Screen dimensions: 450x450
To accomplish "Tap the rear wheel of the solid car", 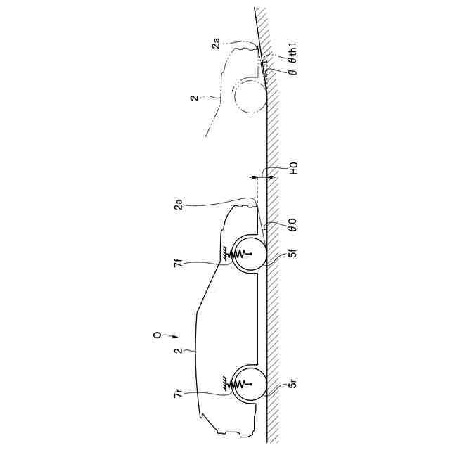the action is click(248, 385).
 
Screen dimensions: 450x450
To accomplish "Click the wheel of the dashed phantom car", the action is click(250, 95).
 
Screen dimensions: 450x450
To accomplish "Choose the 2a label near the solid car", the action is click(180, 205).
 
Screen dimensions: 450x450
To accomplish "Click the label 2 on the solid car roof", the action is click(180, 349).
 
